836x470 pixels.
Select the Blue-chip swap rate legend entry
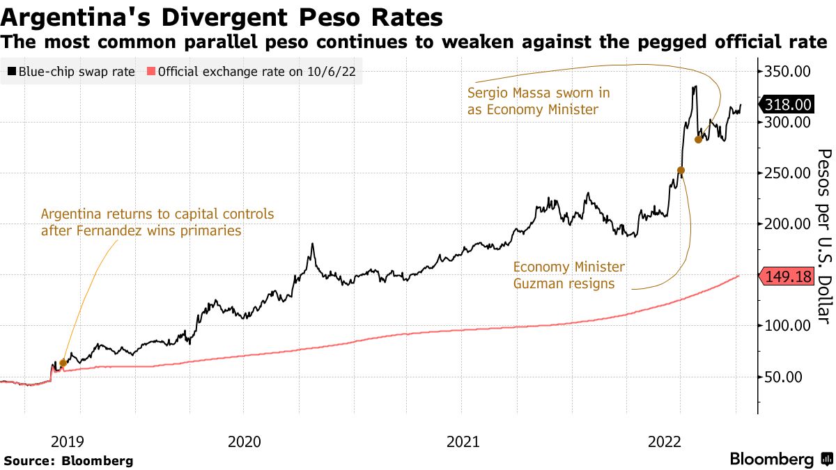tap(70, 71)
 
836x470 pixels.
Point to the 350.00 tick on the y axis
tap(788, 72)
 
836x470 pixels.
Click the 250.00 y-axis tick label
tap(788, 173)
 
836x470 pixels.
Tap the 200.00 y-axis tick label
tap(788, 224)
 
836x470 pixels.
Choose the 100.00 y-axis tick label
tap(788, 326)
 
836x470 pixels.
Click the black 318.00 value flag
tap(787, 105)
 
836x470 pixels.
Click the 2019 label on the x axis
tap(68, 441)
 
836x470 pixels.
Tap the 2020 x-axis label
tap(244, 441)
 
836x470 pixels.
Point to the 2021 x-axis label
tap(463, 441)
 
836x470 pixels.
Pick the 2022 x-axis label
tap(664, 441)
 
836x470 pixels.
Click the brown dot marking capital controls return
tap(63, 363)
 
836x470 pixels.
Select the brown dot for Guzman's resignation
tap(681, 171)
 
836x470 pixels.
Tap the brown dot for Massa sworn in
tap(699, 139)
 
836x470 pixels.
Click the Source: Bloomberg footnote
tap(68, 460)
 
